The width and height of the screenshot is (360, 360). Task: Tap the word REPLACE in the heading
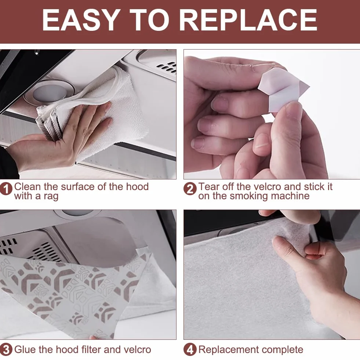[x=248, y=20]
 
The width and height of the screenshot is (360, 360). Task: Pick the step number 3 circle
[x=6, y=350]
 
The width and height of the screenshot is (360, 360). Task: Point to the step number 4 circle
[x=190, y=350]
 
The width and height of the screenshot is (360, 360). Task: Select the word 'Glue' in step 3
[x=25, y=350]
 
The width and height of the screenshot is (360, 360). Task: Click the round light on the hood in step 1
[x=49, y=93]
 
